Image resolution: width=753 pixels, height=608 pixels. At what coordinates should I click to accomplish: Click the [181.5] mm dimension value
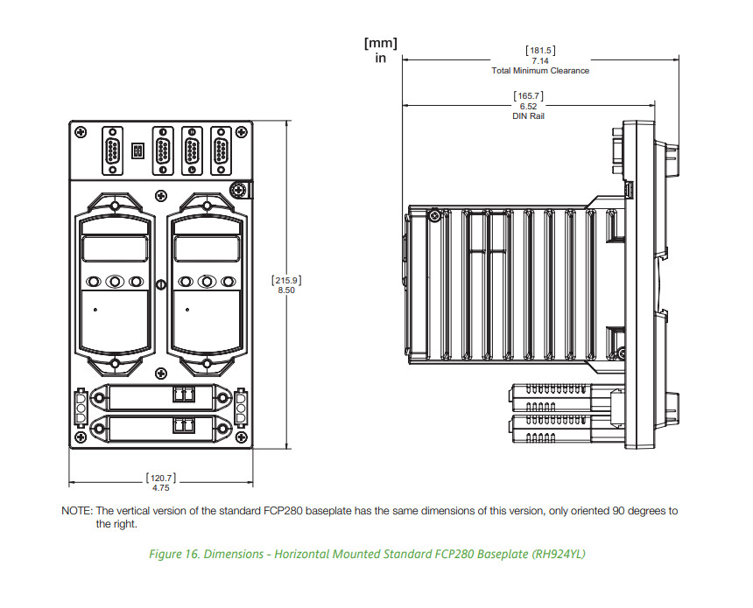[x=540, y=50]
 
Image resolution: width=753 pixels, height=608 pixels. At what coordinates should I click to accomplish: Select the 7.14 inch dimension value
[x=540, y=60]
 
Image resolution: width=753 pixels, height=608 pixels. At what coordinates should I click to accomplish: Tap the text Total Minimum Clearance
[x=540, y=71]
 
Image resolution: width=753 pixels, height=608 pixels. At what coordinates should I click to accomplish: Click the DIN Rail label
[x=528, y=116]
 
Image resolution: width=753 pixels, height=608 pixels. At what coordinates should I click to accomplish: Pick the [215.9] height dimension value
[x=287, y=279]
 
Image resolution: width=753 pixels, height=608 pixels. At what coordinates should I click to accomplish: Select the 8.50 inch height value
[x=287, y=290]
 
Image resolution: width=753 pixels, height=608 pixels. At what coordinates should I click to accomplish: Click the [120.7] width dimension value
[x=160, y=478]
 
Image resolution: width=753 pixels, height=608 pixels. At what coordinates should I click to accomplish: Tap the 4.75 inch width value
[x=160, y=488]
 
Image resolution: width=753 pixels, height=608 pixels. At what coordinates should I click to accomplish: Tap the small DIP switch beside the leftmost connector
[x=137, y=150]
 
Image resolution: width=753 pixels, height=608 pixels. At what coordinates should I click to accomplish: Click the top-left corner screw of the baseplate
[x=81, y=131]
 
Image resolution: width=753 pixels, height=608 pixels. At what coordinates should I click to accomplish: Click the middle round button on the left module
[x=115, y=282]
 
